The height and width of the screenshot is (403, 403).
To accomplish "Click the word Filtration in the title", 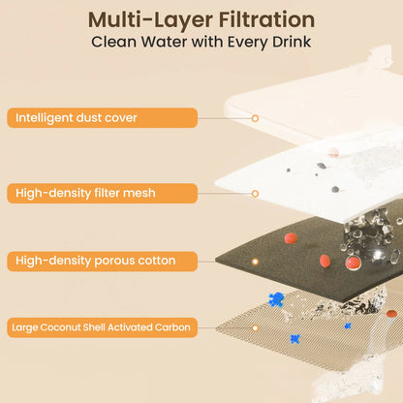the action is (266, 19).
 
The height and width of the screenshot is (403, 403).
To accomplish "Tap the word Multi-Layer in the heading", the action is (150, 21).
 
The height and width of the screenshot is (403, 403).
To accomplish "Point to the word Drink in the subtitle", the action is (292, 42).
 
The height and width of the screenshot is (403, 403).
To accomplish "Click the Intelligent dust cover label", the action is (102, 118).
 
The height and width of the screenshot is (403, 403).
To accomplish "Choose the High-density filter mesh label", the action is (102, 194).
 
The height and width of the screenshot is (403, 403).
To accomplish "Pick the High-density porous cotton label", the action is (102, 262).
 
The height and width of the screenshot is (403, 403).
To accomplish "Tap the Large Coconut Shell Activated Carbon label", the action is (102, 327).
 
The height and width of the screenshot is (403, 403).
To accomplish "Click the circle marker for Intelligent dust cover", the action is (255, 118).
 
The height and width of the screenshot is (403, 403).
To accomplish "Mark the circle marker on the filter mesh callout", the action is (255, 194).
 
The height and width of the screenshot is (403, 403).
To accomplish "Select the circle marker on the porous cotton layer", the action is (255, 262).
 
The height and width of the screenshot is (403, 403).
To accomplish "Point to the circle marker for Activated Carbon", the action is (255, 328).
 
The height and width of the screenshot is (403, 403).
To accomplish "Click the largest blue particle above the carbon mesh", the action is (276, 299).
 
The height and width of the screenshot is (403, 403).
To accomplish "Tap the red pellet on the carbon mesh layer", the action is (391, 314).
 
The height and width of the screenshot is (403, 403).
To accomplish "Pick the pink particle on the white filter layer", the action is (333, 152).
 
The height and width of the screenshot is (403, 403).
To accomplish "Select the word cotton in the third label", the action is (157, 261).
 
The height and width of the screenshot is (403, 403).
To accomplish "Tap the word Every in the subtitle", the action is (248, 43).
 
